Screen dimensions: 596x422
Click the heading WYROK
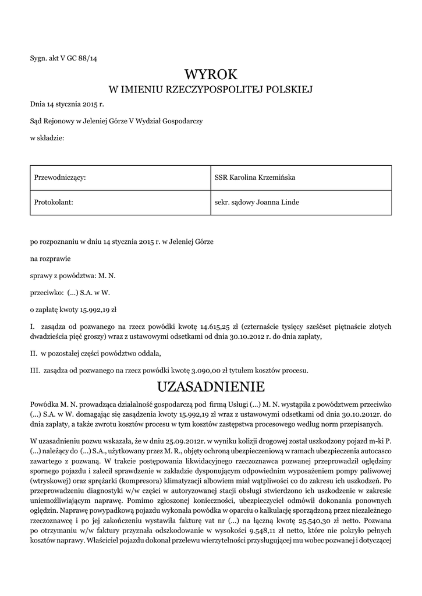[x=211, y=74]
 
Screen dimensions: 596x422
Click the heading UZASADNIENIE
[x=211, y=386]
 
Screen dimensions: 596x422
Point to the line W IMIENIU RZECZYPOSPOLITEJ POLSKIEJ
[x=211, y=90]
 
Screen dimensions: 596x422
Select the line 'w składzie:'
[x=47, y=138]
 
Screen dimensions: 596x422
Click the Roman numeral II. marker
[x=34, y=353]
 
